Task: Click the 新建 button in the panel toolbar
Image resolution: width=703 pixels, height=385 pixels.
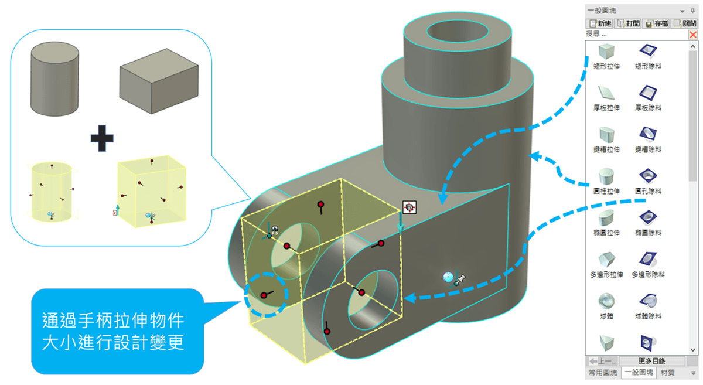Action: [x=599, y=23]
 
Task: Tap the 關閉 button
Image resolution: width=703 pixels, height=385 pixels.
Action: [x=684, y=23]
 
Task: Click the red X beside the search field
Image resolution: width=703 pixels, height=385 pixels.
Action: [x=693, y=35]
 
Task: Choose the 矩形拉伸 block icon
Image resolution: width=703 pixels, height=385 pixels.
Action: [x=606, y=51]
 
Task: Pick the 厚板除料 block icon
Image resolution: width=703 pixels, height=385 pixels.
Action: [x=648, y=93]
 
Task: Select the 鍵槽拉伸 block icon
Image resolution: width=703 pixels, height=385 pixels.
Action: [x=606, y=134]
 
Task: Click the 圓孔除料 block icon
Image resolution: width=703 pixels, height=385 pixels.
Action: [x=648, y=176]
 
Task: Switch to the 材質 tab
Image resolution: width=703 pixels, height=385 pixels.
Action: [x=667, y=373]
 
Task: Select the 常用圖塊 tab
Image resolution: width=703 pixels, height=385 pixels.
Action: [x=602, y=373]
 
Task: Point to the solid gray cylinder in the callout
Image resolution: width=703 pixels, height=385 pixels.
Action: [x=54, y=79]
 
